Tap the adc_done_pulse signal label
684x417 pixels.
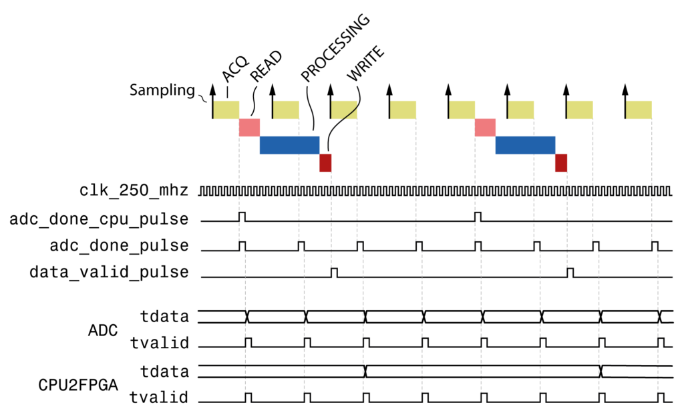119,245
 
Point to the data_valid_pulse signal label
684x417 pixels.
109,272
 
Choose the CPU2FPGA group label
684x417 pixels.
79,386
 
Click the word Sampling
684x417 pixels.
162,90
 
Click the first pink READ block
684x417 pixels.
249,127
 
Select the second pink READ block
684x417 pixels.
485,127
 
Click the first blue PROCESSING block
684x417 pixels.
289,145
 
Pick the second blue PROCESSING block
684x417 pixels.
525,145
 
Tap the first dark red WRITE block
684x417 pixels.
325,162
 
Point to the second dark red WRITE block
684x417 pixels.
561,162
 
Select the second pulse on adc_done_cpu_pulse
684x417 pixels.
478,217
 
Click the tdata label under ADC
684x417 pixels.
165,315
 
